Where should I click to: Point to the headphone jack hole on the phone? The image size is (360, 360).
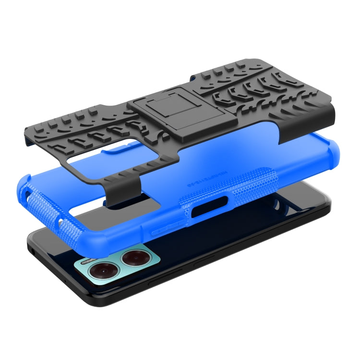tap(31, 251)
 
